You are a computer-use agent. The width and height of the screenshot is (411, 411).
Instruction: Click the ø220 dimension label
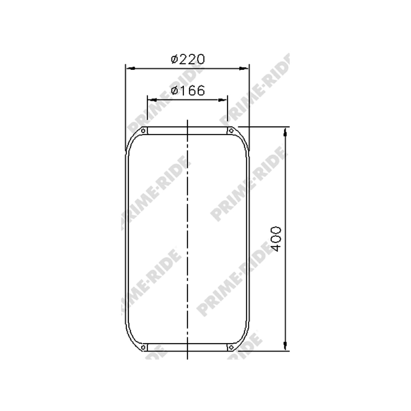tap(187, 59)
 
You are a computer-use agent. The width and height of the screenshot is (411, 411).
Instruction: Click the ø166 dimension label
tap(187, 91)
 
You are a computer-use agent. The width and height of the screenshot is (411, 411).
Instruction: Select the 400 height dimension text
tap(277, 239)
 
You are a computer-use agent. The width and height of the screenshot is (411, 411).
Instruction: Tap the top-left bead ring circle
tap(143, 131)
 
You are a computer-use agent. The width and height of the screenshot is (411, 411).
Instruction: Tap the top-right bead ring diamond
tap(231, 130)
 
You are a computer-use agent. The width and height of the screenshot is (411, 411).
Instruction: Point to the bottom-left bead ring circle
tap(143, 348)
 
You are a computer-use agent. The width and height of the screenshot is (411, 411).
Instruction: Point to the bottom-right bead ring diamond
tap(231, 348)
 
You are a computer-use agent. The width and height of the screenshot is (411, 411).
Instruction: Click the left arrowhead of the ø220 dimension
tap(130, 68)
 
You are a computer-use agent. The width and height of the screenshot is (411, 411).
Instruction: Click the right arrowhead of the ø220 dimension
tap(244, 68)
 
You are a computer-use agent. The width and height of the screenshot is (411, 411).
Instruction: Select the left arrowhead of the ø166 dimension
tap(152, 100)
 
